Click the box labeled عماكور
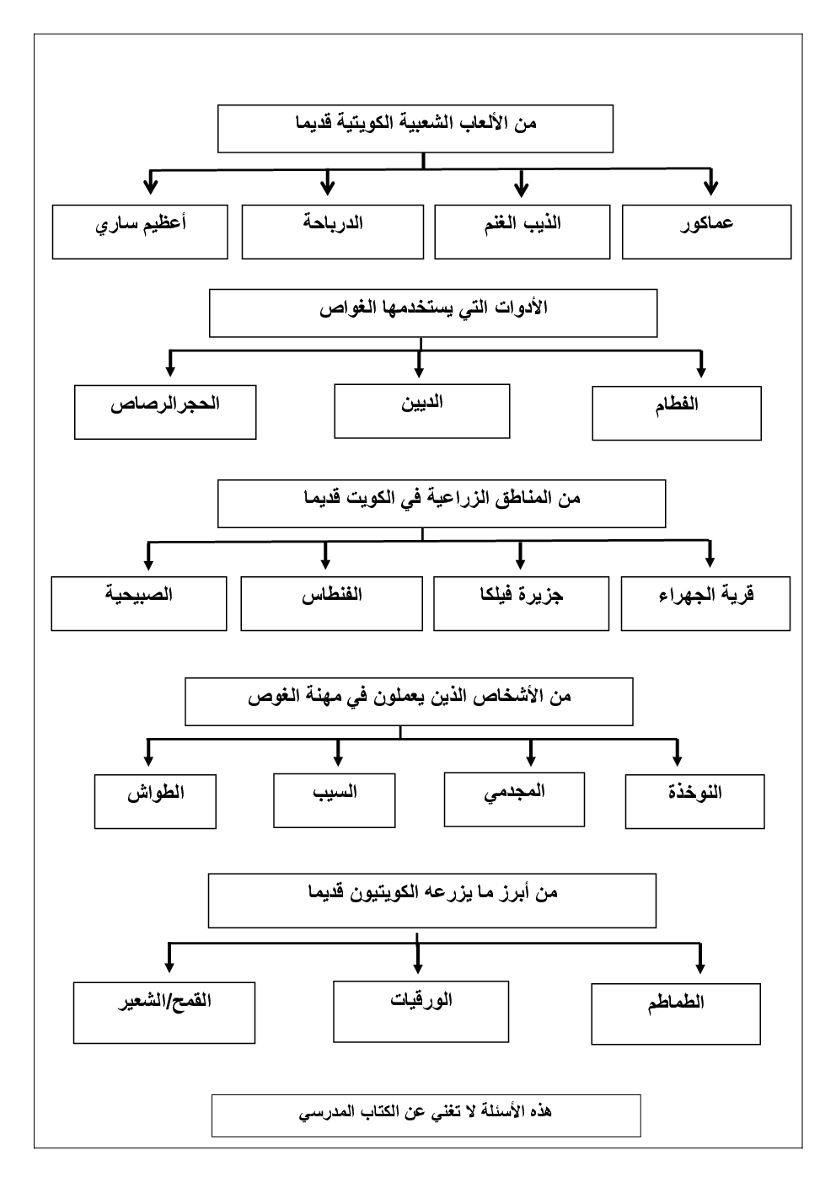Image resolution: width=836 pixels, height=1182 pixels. point(706,232)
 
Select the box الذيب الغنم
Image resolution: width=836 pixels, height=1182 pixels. point(522,232)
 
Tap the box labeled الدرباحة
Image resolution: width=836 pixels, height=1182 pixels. point(332,232)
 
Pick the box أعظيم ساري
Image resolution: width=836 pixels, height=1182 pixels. point(140,232)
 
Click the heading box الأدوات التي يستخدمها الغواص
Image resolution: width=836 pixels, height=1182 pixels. point(432,313)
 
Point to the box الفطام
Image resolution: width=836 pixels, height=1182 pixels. point(676,413)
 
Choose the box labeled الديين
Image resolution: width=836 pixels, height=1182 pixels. point(421,411)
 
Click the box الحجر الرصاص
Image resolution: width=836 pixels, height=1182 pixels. point(165,412)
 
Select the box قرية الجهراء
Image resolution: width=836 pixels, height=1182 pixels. point(705,603)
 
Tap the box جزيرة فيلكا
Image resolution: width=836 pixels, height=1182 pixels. point(521,603)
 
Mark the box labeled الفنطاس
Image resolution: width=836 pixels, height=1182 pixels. point(331,603)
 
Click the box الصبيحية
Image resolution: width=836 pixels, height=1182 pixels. point(139,603)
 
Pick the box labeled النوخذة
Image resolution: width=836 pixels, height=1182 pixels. point(694,801)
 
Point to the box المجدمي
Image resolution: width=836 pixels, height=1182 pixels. point(514,800)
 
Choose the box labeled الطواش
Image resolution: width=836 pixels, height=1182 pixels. point(156,801)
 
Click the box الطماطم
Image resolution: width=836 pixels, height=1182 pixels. point(676,1013)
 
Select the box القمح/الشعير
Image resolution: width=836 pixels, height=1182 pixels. point(164,1012)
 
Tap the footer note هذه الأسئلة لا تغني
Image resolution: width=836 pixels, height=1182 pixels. point(426,1115)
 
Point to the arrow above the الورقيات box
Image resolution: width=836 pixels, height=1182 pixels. point(420,955)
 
